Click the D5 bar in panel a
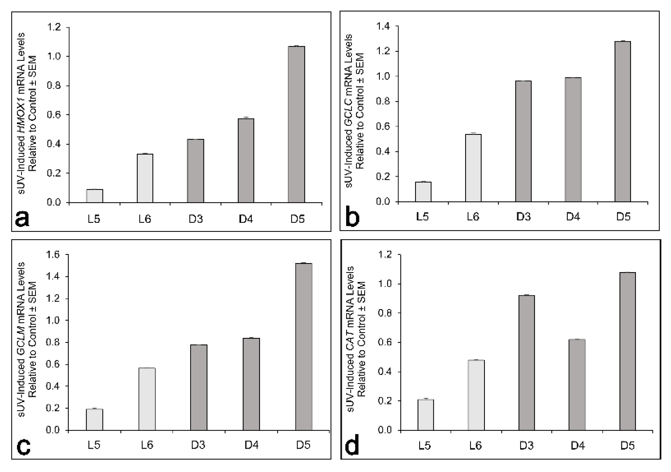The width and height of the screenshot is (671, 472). point(296,124)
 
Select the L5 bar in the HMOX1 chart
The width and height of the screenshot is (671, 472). point(94,196)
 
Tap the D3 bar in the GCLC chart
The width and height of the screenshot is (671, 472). point(523,141)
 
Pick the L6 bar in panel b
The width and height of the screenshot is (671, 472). point(473,168)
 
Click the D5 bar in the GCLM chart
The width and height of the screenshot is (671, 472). point(304,347)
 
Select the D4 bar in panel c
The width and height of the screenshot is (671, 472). point(251,384)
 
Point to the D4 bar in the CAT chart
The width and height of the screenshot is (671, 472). point(577,385)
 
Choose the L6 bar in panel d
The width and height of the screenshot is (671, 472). point(476,395)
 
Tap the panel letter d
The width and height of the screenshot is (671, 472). point(352,446)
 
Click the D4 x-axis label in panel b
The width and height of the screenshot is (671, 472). point(573,217)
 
